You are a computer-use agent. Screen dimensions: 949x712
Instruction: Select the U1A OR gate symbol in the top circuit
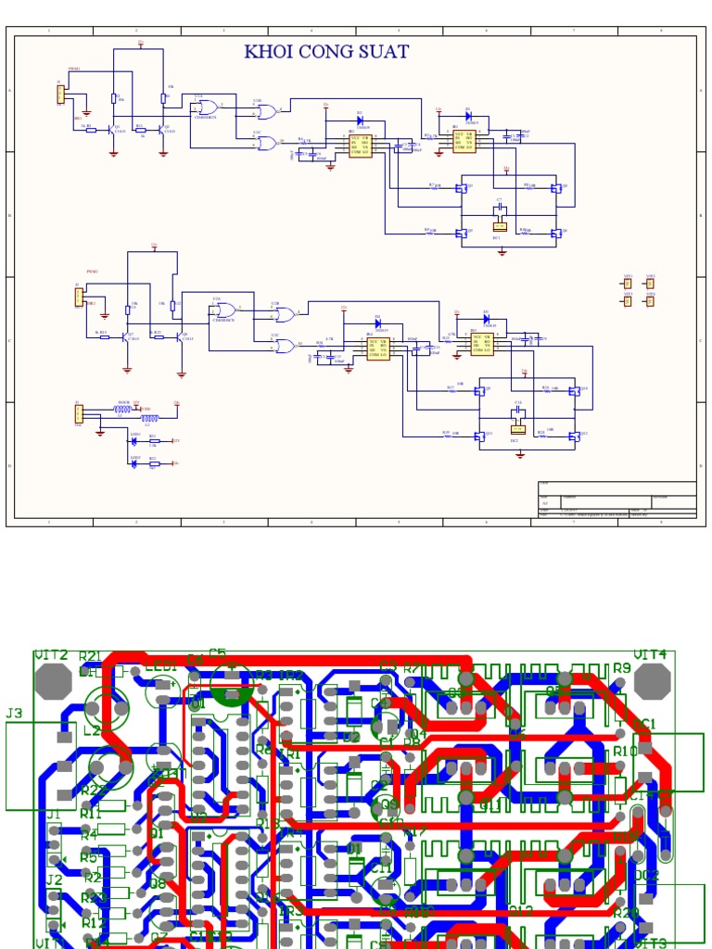[x=205, y=108]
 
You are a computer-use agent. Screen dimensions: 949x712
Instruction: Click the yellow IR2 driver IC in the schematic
[x=464, y=140]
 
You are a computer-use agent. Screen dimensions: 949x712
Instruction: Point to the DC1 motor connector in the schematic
[x=500, y=225]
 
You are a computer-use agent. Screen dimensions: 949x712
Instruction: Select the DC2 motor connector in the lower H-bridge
[x=518, y=428]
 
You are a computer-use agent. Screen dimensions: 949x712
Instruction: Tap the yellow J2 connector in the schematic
[x=79, y=297]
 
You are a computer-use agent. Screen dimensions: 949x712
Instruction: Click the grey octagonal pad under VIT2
[x=53, y=681]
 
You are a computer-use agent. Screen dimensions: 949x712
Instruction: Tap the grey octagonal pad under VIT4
[x=654, y=681]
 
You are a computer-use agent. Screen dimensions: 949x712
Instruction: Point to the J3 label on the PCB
[x=14, y=714]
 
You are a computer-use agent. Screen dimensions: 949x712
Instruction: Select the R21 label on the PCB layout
[x=90, y=657]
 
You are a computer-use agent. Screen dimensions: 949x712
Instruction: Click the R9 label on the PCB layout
[x=621, y=667]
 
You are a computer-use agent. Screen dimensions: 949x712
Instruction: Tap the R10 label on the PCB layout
[x=626, y=751]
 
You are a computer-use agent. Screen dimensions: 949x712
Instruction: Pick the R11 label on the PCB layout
[x=91, y=813]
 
